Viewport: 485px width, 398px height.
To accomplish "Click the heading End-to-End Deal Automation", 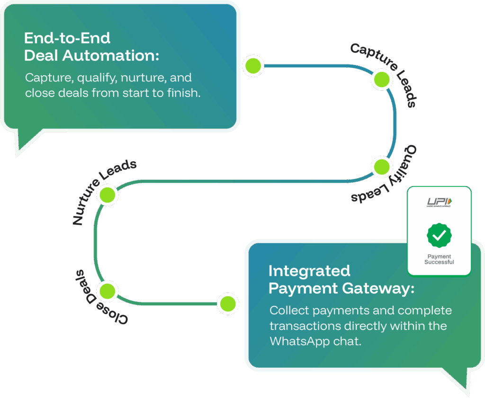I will (91, 47).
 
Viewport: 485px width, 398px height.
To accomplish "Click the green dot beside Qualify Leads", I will (382, 167).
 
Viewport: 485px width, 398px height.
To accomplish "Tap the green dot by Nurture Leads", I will (107, 195).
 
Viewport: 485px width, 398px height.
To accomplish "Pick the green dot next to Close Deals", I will (107, 291).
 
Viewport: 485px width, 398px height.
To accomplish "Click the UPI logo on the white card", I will (439, 202).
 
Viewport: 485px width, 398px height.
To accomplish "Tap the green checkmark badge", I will (439, 235).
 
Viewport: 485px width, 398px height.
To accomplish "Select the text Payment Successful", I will (439, 259).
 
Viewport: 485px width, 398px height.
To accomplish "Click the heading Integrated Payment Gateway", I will (341, 280).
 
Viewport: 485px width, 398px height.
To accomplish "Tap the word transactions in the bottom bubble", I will (305, 326).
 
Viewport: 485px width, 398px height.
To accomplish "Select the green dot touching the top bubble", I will (253, 65).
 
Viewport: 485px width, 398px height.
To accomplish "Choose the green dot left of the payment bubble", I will (228, 303).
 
